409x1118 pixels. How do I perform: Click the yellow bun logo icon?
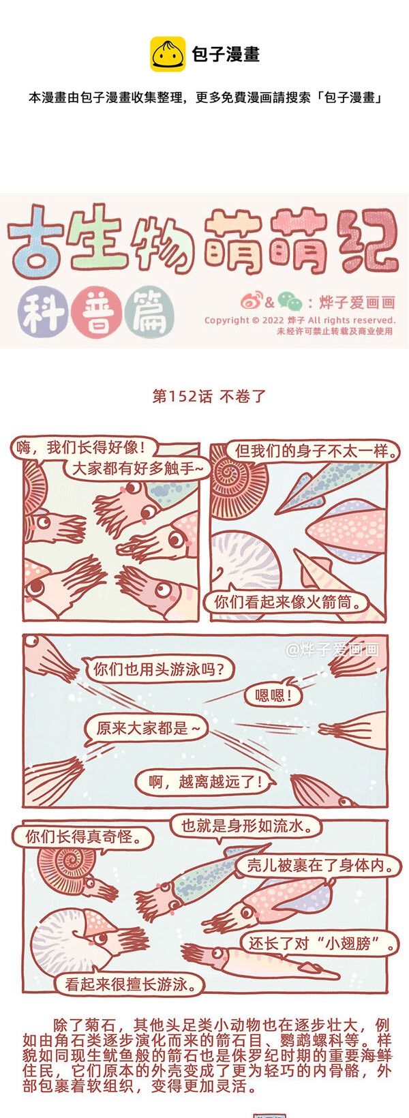[x=168, y=54]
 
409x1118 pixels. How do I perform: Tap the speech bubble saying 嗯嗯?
[x=273, y=695]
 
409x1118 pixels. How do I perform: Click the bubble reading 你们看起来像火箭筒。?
[x=288, y=602]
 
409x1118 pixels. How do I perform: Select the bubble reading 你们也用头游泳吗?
[x=158, y=669]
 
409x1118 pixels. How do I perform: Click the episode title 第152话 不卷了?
[x=209, y=397]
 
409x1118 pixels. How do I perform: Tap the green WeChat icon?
[x=290, y=301]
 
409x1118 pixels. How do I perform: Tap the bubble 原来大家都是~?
[x=145, y=728]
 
